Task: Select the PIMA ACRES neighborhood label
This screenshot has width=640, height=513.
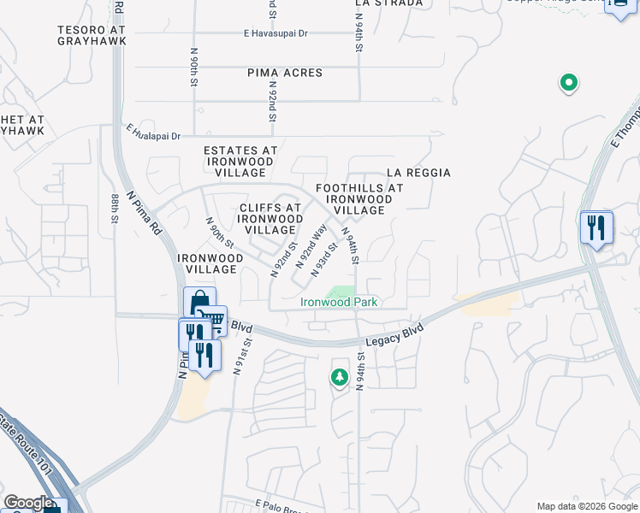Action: click(285, 74)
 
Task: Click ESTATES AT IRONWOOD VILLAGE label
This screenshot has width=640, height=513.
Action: click(240, 161)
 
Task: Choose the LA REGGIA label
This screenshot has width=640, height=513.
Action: click(418, 173)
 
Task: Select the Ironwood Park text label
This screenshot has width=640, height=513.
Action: click(339, 302)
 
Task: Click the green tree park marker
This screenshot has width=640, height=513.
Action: click(340, 376)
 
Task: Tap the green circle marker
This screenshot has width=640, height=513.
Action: click(568, 83)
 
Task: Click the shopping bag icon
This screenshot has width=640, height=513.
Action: click(199, 303)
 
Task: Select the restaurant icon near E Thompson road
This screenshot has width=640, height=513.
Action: click(596, 227)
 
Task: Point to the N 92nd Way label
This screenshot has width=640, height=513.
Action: click(311, 246)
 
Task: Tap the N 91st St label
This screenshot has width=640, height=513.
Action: click(246, 353)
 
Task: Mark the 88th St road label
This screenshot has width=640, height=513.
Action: click(115, 209)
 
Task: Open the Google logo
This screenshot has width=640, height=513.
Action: click(27, 503)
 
